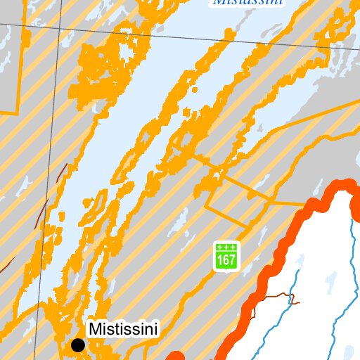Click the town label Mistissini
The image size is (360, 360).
pos(124,328)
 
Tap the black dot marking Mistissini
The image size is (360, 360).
pos(78,345)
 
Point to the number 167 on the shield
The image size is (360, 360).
pos(226,260)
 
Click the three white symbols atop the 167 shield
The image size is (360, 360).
pos(226,247)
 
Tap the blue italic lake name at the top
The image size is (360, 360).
pos(247,3)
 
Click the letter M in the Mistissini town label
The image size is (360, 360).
pos(94,328)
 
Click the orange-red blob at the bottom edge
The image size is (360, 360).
pos(176,356)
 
